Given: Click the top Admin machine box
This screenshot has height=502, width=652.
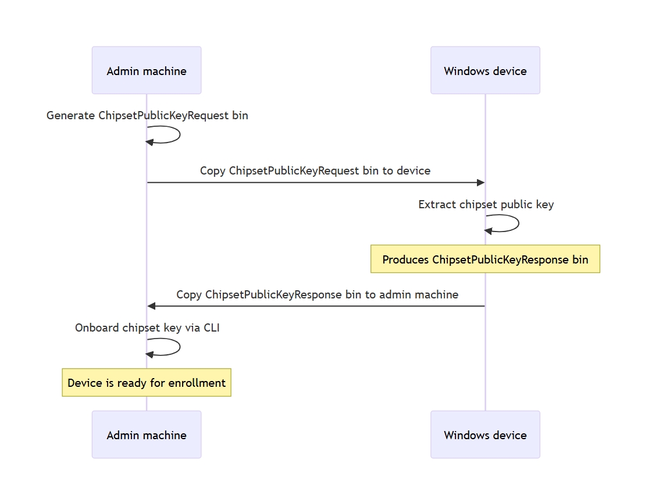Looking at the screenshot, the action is [x=147, y=70].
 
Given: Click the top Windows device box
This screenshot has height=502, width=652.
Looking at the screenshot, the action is [x=485, y=70].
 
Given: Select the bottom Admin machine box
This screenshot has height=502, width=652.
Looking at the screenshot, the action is [x=147, y=435].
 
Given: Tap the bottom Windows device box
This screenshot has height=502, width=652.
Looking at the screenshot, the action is [x=485, y=435].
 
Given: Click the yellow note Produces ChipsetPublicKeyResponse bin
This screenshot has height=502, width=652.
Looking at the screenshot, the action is [x=485, y=259].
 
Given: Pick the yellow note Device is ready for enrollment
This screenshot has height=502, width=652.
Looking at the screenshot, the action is [x=147, y=383].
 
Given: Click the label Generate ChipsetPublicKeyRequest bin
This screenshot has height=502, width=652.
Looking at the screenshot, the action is [x=147, y=116].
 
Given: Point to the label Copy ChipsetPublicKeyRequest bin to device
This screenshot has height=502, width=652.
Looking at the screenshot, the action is [x=315, y=171].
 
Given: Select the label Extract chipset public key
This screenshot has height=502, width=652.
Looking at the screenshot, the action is [x=486, y=205].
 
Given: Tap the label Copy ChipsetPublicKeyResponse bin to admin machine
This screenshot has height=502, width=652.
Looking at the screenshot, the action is [x=317, y=295].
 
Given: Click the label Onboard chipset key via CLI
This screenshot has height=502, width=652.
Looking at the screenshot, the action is [x=147, y=328].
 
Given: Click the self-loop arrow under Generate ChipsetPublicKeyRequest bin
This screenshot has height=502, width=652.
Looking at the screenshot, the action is [x=180, y=135].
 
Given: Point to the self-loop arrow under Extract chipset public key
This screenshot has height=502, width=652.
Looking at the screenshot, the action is [x=519, y=223].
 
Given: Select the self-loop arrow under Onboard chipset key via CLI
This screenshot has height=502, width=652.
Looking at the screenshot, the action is [x=180, y=347].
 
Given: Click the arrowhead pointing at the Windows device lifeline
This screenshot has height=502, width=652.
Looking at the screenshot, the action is [x=480, y=183].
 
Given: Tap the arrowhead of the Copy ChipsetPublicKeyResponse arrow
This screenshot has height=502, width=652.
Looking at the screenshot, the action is [x=152, y=306].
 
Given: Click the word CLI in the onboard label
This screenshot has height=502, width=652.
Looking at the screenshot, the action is [x=212, y=327].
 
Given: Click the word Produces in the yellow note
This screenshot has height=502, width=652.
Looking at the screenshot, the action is [x=405, y=259].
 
